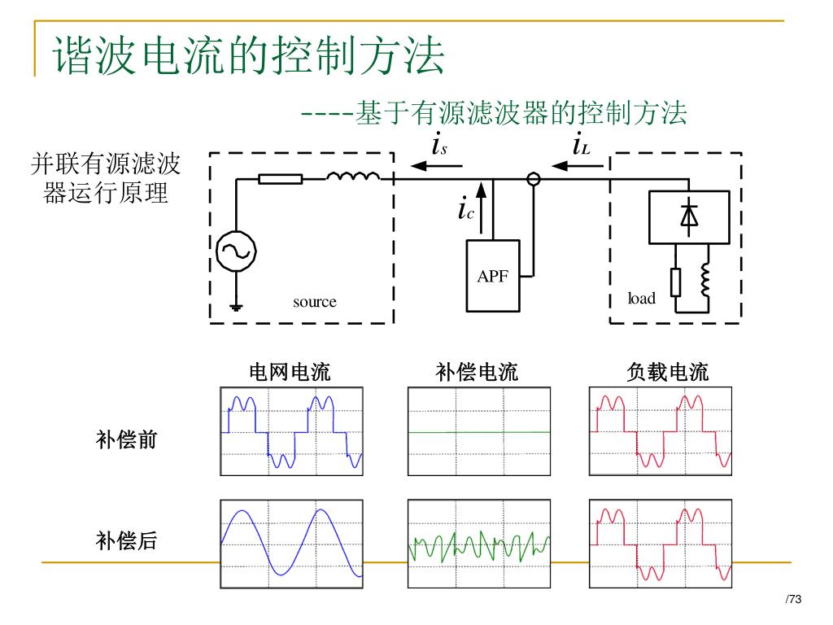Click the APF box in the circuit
point(492,276)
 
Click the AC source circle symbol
point(236,252)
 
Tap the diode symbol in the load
point(689,216)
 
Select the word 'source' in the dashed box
point(314,302)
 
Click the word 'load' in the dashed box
point(641,299)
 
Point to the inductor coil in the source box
point(353,177)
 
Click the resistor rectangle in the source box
point(281,179)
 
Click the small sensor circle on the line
point(533,179)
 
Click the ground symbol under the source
point(236,307)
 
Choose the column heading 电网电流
point(290,374)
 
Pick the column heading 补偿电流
point(477,374)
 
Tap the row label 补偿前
point(127,440)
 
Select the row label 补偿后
point(127,540)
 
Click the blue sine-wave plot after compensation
point(291,544)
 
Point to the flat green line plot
point(478,431)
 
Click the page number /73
point(793,600)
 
